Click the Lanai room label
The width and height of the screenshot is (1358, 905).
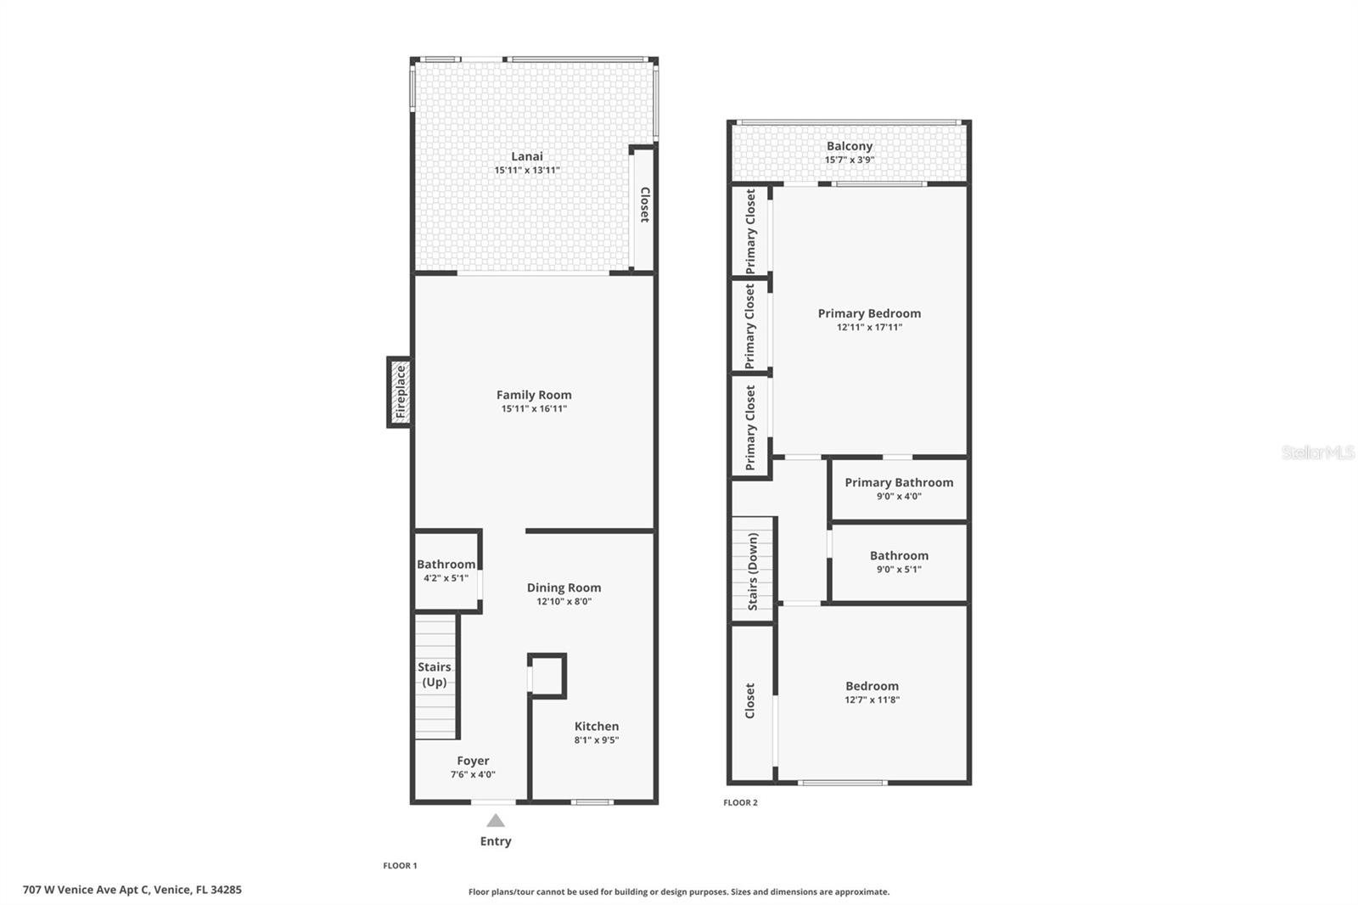(x=526, y=156)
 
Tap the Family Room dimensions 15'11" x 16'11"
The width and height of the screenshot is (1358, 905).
(x=534, y=408)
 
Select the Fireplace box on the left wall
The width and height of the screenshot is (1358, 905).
(x=401, y=392)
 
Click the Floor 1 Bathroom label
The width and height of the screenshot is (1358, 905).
(x=446, y=565)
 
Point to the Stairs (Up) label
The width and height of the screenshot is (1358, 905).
(x=435, y=674)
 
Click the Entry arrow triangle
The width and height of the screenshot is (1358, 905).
(x=496, y=821)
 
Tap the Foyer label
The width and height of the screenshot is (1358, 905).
(x=473, y=761)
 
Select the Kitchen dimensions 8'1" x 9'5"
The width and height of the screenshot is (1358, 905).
(x=596, y=740)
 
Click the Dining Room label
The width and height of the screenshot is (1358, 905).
(x=564, y=587)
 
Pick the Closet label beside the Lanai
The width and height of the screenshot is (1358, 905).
(x=644, y=205)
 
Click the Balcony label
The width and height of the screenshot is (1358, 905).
(x=849, y=146)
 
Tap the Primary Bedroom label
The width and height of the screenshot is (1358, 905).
(x=869, y=313)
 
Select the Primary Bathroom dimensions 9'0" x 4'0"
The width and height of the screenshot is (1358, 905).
(x=899, y=496)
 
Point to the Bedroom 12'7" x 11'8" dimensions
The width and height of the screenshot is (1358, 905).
(x=872, y=700)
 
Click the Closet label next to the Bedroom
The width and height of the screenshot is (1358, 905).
(x=749, y=700)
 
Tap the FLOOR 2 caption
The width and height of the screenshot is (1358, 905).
(x=740, y=802)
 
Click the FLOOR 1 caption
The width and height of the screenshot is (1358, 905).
(x=400, y=866)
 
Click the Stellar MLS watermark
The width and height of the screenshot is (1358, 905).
(x=1317, y=452)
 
